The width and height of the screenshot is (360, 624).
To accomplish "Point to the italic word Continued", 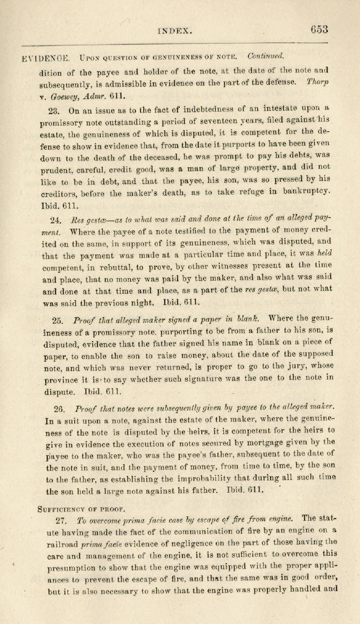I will point(266,56).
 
